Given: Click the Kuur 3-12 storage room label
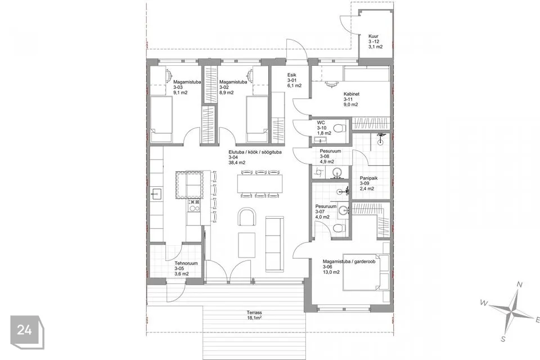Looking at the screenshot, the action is point(375,41).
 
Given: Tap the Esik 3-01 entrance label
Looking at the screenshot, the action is point(294,80).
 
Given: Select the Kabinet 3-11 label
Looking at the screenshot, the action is point(351,99).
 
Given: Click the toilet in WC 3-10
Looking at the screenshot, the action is point(340,128).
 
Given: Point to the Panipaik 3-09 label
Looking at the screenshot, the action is point(369,183).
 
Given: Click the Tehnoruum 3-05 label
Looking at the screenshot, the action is point(186,268).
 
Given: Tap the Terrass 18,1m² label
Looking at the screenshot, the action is point(254,315).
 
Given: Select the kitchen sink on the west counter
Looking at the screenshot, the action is point(156,195).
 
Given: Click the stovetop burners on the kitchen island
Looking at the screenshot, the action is point(194,206).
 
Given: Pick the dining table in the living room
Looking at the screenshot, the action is point(260,183).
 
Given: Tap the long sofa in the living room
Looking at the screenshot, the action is point(274,243).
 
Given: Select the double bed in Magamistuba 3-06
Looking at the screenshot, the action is point(366,272).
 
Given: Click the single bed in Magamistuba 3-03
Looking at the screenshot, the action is point(161,119).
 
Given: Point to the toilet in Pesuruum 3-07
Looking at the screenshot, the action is point(339,228).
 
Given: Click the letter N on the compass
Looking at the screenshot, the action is point(520,285).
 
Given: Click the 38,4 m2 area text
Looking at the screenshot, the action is point(237,163).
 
